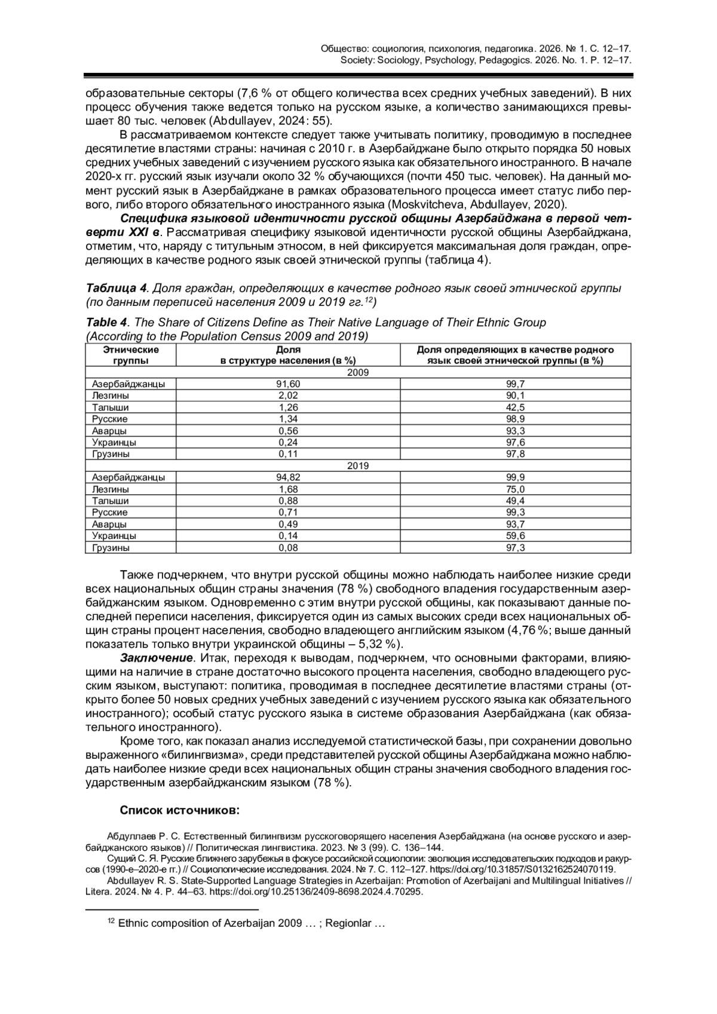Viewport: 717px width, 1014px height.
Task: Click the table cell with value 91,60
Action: tap(288, 384)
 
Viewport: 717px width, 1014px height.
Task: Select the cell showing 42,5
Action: tap(515, 408)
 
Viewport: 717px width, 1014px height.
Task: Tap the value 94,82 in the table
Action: tap(288, 477)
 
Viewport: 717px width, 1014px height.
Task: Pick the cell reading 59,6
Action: tap(515, 536)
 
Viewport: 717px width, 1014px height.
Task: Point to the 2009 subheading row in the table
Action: tap(358, 372)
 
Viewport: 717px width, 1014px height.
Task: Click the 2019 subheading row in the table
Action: tap(358, 465)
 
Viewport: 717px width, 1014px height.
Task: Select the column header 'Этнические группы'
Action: tap(130, 355)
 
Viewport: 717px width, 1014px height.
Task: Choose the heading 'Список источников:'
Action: tap(179, 810)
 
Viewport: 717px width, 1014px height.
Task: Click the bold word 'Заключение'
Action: tap(157, 658)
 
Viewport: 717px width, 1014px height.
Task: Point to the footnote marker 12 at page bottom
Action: tap(111, 921)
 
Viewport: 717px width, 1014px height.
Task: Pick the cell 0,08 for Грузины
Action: tap(288, 547)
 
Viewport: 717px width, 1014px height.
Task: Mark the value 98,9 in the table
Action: tap(515, 419)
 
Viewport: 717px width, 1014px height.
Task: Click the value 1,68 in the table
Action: tap(288, 489)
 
